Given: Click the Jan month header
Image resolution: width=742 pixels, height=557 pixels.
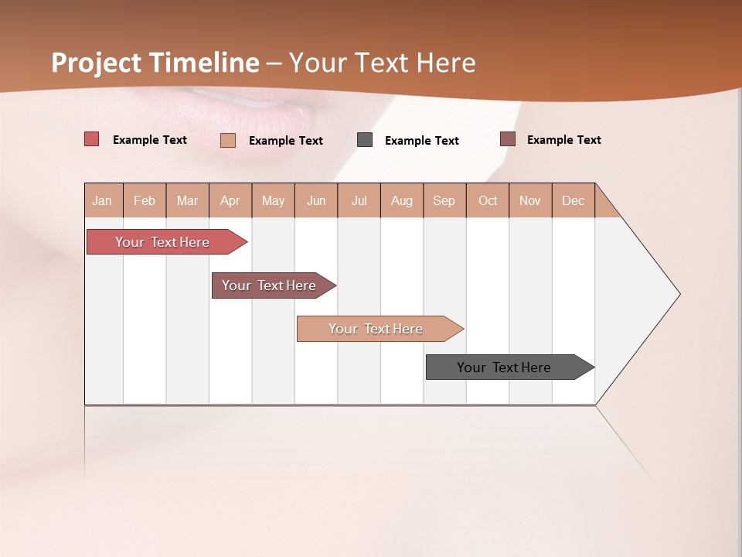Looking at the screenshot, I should click(102, 200).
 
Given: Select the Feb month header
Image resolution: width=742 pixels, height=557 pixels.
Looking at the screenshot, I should click(145, 200).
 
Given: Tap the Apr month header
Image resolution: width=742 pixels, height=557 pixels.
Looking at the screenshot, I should click(230, 200).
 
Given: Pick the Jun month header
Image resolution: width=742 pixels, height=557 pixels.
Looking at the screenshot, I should click(316, 200).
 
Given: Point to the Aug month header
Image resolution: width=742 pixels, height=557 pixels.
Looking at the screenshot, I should click(401, 200).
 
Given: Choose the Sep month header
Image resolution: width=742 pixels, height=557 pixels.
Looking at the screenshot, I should click(444, 200).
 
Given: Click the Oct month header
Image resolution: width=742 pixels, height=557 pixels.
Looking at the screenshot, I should click(488, 200).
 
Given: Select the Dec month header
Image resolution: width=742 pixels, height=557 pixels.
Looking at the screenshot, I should click(573, 200).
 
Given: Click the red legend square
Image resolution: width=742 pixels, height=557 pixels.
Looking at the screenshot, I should click(91, 139).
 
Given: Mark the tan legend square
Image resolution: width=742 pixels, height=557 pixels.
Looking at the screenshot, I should click(227, 140).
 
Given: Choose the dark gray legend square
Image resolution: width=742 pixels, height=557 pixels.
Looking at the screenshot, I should click(365, 139).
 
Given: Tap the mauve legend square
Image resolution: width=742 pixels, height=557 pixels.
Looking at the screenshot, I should click(507, 139).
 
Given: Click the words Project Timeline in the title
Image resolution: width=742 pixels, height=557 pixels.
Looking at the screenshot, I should click(155, 63).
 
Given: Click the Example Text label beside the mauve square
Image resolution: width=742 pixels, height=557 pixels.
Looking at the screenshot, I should click(563, 140).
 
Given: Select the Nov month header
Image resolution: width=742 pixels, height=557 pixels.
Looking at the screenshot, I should click(529, 200).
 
